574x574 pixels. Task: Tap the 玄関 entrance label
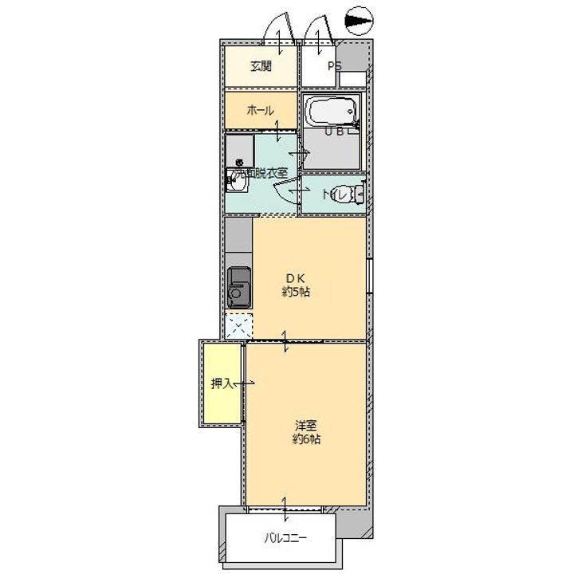point(261,66)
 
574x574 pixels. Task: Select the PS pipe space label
point(334,66)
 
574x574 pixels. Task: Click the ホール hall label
point(261,111)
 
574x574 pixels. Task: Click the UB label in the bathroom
point(334,132)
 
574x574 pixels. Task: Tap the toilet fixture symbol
point(356,193)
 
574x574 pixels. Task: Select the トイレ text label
point(333,194)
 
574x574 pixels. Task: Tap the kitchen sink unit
point(239,287)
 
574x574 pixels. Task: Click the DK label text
point(295,278)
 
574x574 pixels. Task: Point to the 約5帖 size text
point(295,292)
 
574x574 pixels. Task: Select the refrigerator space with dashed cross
point(238,326)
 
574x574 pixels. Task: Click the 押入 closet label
point(221,383)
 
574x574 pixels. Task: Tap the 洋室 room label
point(305,425)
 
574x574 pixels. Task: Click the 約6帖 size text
point(305,438)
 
